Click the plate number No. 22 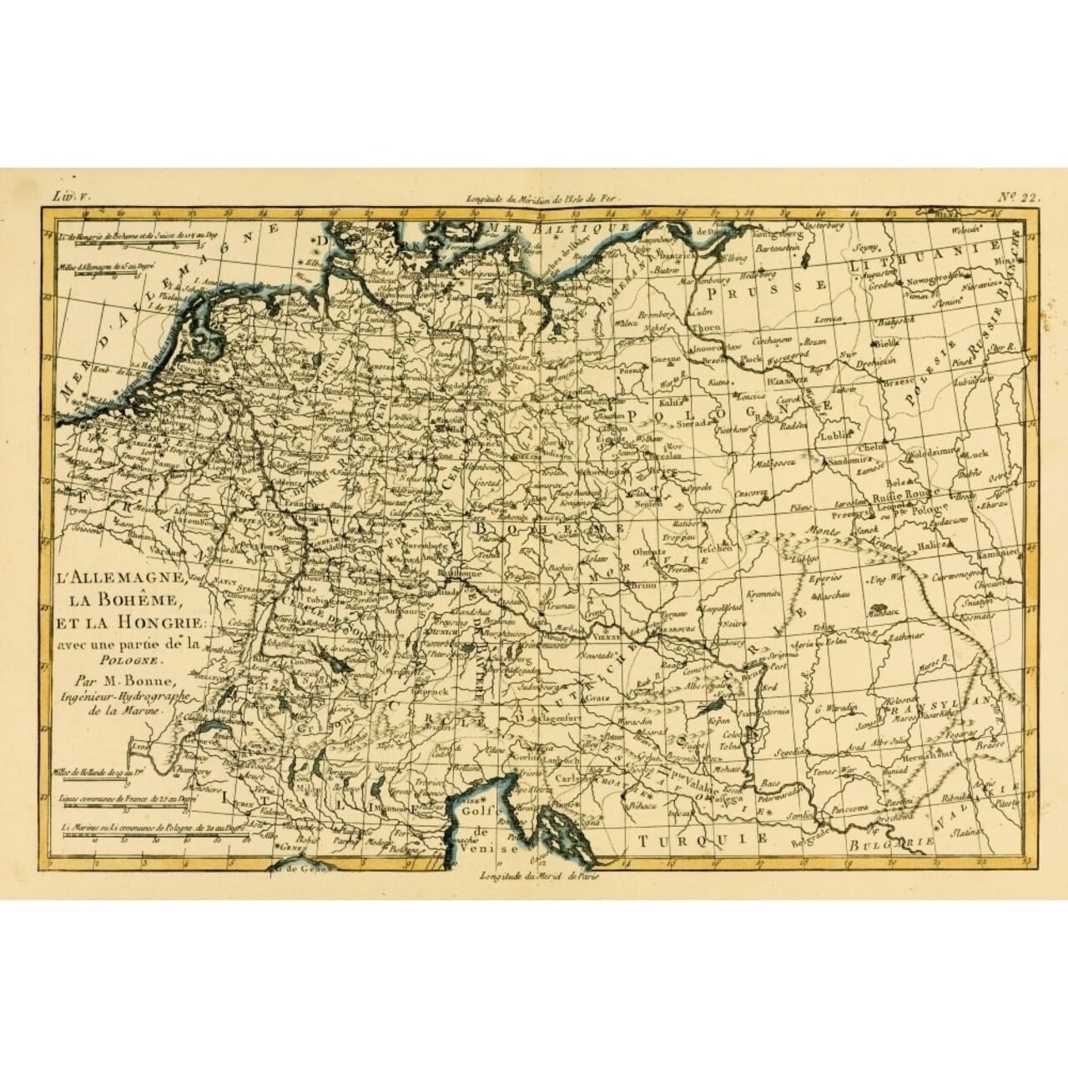1016,198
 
